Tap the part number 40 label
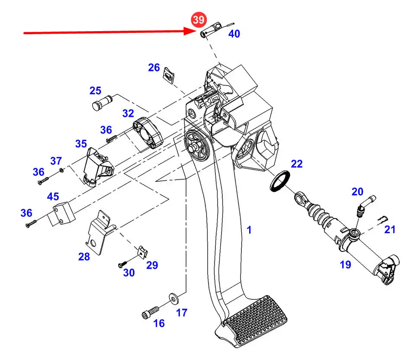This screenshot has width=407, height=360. [x=234, y=33]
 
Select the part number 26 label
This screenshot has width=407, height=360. [x=154, y=68]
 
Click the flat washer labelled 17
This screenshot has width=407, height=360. [x=173, y=297]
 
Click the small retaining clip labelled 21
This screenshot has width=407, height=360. [x=383, y=219]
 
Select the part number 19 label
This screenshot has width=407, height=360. [x=345, y=264]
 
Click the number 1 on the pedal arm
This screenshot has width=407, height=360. [x=249, y=230]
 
